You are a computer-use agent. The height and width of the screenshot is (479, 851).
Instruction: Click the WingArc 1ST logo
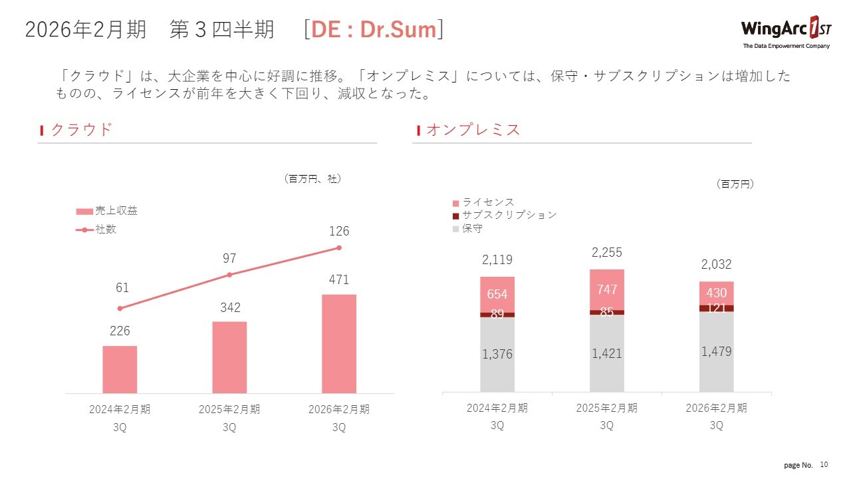(785, 32)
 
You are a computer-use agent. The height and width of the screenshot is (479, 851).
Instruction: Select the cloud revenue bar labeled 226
(120, 369)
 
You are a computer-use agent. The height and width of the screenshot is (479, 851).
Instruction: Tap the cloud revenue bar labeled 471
(339, 343)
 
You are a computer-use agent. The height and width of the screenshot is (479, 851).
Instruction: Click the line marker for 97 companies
(229, 275)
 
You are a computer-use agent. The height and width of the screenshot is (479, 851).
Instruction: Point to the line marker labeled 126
(339, 247)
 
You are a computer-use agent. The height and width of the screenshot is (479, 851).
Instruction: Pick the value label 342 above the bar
(229, 308)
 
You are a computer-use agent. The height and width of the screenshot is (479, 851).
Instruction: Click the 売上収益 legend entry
(108, 211)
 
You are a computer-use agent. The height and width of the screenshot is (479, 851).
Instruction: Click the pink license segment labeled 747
(606, 289)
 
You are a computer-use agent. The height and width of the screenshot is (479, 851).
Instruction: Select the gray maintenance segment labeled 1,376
(497, 355)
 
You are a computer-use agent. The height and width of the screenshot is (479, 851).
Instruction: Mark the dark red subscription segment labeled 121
(716, 308)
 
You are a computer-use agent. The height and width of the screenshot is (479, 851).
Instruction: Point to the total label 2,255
(606, 252)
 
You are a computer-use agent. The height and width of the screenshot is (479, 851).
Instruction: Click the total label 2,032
(716, 265)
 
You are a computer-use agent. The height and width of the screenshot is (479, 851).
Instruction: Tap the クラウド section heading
(81, 130)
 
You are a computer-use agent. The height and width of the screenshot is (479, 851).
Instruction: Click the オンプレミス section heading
(473, 130)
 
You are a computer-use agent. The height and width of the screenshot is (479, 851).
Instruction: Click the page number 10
(824, 464)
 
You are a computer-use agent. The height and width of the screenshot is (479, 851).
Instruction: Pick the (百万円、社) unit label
(312, 178)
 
